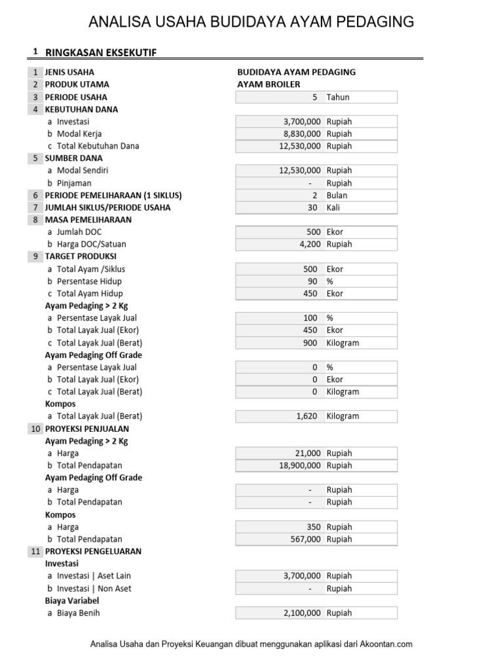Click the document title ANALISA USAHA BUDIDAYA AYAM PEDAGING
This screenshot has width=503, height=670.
tap(251, 22)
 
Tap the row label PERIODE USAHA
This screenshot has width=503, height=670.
tap(72, 97)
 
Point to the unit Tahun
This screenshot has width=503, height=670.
tap(338, 97)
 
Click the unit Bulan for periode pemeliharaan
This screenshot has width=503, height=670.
tap(337, 195)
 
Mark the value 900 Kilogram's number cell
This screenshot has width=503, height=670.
tap(310, 343)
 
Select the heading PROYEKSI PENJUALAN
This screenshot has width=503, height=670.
tap(86, 429)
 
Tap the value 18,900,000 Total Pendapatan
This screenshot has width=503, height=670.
tap(296, 465)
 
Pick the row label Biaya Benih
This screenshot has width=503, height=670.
tap(79, 613)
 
